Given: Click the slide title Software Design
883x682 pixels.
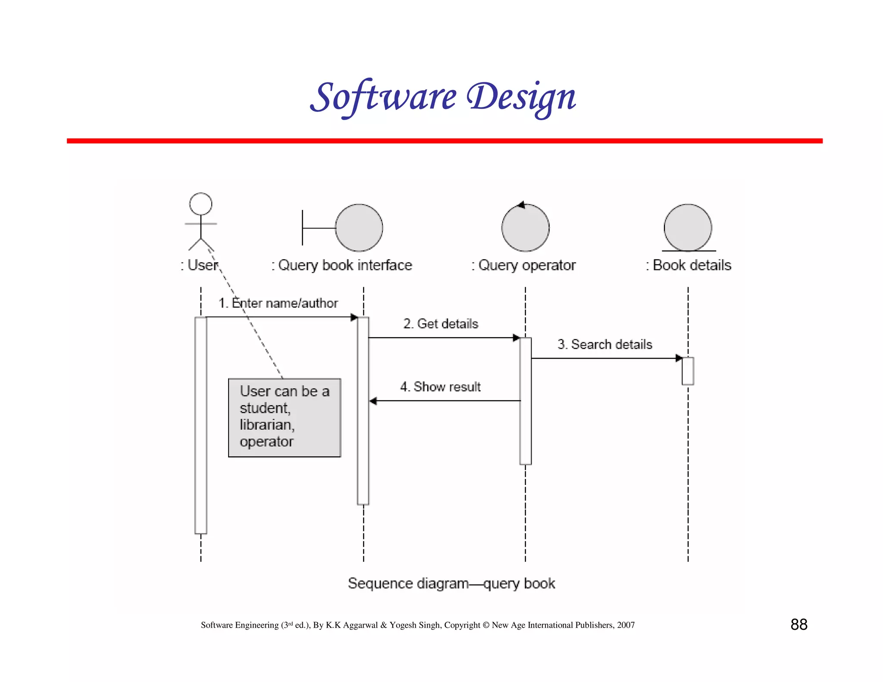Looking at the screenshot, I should coord(443,97).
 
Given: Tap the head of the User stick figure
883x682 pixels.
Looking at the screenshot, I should coord(201,204).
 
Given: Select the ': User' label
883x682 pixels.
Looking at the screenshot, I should coord(199,265).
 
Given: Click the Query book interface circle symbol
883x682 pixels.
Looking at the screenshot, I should coord(359,228).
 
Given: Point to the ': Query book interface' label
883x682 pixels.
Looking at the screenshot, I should coord(341,265).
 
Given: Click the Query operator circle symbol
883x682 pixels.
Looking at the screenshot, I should coord(525,228).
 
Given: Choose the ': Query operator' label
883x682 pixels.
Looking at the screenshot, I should coord(523,265).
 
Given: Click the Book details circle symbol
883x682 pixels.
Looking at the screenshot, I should coord(688,228).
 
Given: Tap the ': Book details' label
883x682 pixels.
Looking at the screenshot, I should coord(689,265).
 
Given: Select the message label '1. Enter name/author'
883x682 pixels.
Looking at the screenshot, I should coord(278,303).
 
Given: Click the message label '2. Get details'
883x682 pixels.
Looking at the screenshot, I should coord(441,324).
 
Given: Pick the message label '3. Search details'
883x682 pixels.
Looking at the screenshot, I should coord(604,344).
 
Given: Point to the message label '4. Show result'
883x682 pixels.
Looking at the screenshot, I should coord(440,387).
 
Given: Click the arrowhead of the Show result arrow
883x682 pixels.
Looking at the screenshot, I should coord(373,401).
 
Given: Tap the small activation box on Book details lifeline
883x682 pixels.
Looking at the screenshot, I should coord(688,371).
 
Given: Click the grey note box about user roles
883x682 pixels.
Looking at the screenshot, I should coord(285,417).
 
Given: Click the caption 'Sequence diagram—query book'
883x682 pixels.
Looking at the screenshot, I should coord(451,583).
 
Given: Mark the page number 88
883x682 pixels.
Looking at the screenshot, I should coord(798,624).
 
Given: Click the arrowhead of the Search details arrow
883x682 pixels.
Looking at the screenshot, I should coord(679,358).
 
